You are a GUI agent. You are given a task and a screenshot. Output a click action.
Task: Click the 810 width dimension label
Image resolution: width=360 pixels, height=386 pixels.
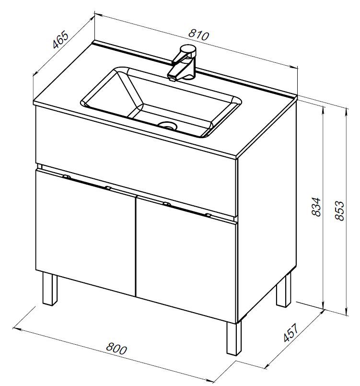198,35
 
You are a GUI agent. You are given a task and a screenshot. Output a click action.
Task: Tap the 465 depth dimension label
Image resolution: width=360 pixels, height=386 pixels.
60,39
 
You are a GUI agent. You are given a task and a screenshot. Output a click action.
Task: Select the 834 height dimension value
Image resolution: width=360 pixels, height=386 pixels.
316,207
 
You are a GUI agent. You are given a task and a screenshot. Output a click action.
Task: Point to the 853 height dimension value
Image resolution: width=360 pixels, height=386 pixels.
339,211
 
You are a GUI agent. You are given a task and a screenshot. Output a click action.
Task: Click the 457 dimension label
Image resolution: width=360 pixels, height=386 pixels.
290,333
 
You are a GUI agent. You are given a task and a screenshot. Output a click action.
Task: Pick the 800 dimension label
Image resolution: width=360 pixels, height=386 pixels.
116,348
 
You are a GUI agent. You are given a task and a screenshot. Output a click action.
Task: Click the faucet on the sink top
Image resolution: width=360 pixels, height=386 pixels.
182,63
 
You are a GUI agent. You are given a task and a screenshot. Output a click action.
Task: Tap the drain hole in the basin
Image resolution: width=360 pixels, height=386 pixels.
168,126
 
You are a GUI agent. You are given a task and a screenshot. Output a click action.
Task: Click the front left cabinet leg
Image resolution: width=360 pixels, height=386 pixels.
50,289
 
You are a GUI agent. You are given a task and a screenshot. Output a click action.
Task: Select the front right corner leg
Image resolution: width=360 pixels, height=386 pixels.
234,338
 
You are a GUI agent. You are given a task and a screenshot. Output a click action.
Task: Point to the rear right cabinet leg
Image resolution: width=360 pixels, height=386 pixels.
283,291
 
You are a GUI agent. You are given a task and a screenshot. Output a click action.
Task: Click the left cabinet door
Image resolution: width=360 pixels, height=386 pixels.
86,233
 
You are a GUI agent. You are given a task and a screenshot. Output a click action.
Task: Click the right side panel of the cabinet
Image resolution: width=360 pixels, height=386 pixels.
267,212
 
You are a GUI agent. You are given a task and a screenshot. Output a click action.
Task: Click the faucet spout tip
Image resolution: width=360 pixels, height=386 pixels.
172,79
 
